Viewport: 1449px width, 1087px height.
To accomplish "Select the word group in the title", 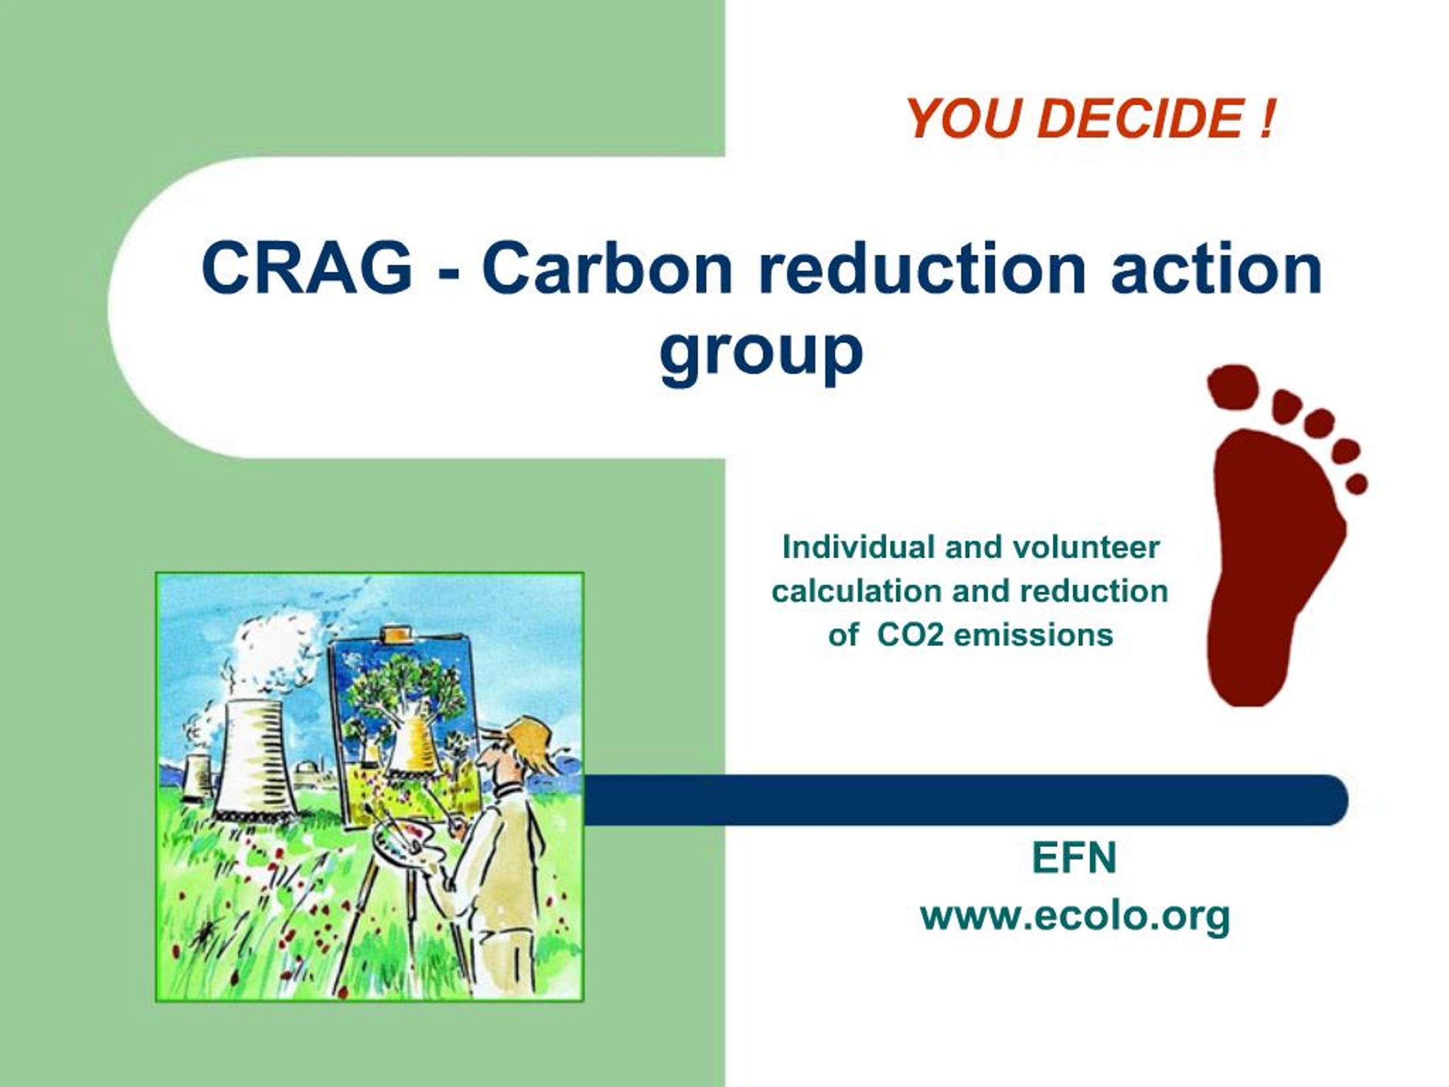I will point(761,354).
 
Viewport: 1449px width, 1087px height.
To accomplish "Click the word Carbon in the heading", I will point(607,269).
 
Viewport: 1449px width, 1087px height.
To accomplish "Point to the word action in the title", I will point(1216,269).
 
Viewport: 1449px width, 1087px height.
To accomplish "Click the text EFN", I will point(1074,858).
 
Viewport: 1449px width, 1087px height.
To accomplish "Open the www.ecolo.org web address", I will point(1074,916).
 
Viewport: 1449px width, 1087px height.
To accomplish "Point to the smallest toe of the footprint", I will point(1357,483).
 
